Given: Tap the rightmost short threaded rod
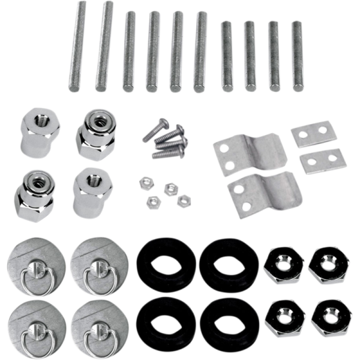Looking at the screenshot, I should point(296,56).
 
